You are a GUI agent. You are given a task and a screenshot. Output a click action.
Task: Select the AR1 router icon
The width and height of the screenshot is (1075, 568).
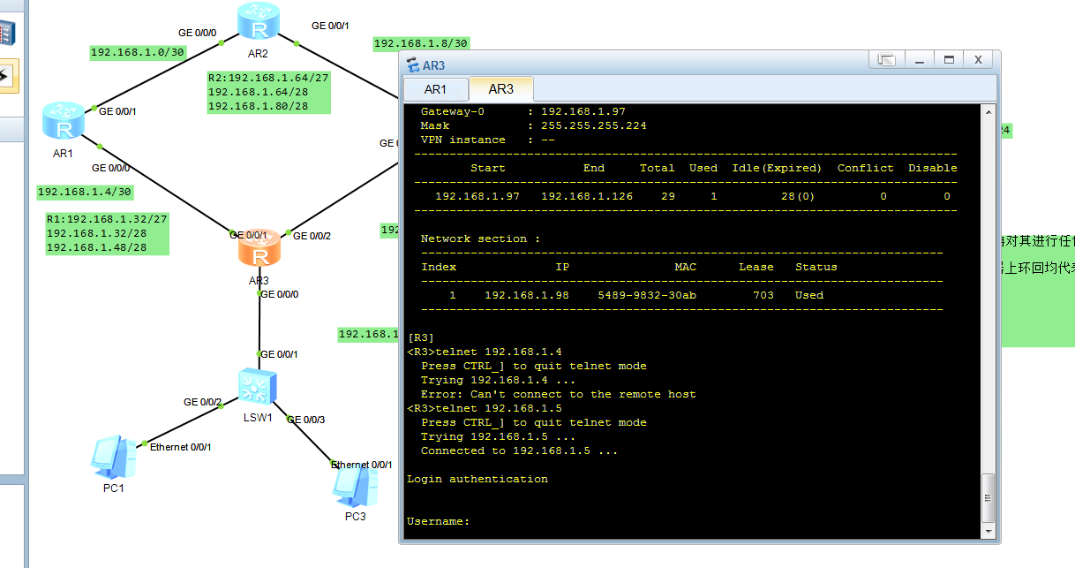(x=64, y=121)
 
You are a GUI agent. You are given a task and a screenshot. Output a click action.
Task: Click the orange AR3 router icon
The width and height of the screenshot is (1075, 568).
(x=259, y=250)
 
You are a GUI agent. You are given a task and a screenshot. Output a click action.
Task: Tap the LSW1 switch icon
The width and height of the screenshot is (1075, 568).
(x=258, y=387)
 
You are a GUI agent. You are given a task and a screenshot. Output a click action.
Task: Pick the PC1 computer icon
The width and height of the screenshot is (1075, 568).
(x=113, y=457)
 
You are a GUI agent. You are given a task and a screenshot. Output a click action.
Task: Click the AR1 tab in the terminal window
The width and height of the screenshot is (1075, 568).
(x=435, y=89)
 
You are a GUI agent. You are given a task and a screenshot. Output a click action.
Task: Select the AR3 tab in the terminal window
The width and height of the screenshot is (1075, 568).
(x=500, y=89)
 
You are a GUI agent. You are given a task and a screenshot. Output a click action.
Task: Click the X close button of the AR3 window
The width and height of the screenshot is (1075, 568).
(x=978, y=60)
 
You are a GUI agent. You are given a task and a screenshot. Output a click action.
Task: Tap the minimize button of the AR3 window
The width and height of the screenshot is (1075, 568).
(x=919, y=60)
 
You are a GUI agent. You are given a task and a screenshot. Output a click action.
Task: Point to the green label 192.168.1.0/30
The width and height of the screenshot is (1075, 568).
(x=138, y=52)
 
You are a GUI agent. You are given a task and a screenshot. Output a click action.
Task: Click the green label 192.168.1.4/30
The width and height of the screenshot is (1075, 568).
(x=85, y=192)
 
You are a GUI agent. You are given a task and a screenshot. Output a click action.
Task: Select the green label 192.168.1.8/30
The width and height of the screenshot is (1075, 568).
(x=421, y=42)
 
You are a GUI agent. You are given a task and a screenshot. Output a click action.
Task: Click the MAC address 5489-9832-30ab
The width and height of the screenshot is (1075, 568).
(x=647, y=295)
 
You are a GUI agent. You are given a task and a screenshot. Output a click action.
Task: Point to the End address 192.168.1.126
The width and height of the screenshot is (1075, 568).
(x=587, y=196)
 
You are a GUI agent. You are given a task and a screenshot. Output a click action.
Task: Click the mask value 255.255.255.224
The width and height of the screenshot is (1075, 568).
(x=594, y=125)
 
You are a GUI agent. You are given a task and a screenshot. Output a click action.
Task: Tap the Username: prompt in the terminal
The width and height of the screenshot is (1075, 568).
(x=438, y=521)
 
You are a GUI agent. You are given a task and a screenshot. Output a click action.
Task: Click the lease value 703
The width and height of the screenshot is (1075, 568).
(x=763, y=295)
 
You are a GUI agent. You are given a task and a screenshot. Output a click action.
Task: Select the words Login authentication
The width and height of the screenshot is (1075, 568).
(x=477, y=479)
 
